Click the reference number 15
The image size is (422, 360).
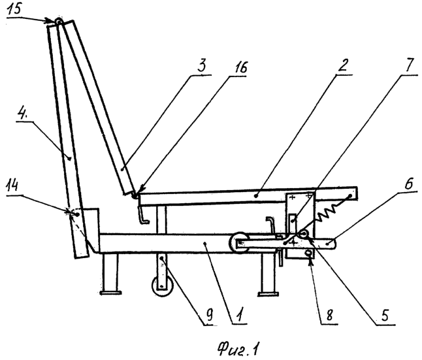click(13, 9)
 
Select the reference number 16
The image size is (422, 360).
click(240, 67)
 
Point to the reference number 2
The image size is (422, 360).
click(342, 65)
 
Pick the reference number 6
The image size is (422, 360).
click(409, 184)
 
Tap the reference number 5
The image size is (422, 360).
click(385, 315)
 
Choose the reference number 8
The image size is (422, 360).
click(330, 315)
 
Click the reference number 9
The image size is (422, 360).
click(210, 314)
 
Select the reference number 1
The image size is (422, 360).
click(240, 314)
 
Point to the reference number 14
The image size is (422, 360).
click(12, 186)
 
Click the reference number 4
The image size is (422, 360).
click(22, 114)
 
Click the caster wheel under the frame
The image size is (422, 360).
click(162, 286)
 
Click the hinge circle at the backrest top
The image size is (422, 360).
click(58, 21)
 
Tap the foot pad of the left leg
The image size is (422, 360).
click(110, 293)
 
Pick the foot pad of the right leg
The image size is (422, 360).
click(268, 294)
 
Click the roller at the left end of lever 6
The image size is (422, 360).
click(239, 242)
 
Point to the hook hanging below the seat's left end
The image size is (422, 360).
click(143, 214)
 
